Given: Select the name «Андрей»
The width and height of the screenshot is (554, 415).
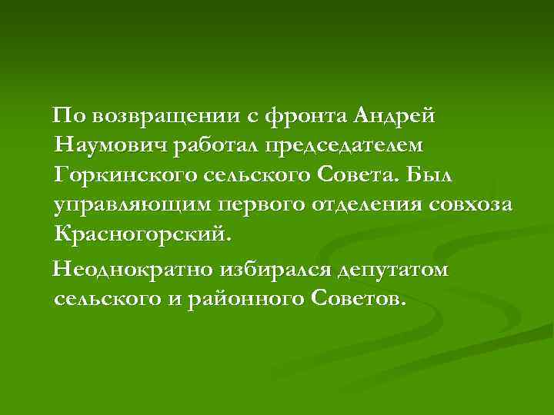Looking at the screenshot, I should click(395, 116).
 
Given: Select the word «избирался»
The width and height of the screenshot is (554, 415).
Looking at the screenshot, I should click(279, 270).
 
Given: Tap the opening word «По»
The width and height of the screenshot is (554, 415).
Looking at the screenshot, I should click(66, 116).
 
